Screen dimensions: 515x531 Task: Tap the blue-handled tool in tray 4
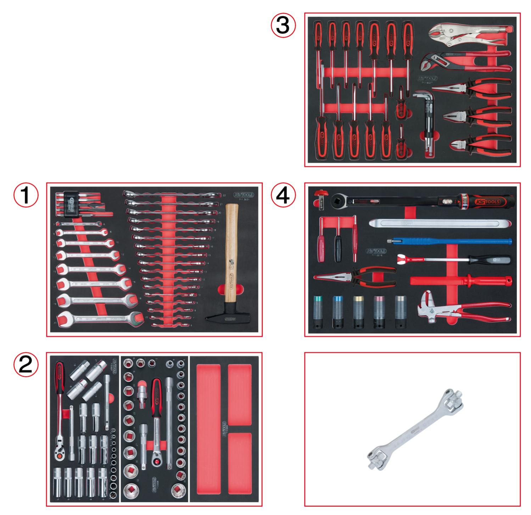[450, 241]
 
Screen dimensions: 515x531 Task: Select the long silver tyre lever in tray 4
[440, 224]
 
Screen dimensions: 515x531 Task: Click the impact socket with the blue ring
[339, 312]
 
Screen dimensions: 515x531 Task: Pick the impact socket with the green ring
[318, 312]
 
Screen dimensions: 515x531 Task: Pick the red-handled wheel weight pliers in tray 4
[461, 308]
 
